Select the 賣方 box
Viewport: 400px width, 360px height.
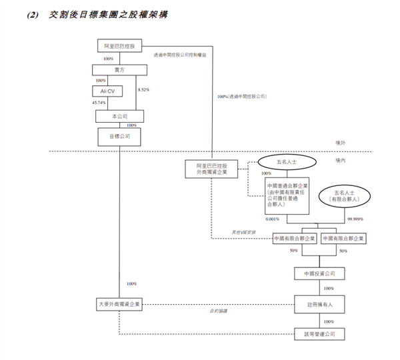[119, 69]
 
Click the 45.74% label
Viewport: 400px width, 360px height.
[99, 103]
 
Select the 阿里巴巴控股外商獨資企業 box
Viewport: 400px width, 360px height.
[211, 168]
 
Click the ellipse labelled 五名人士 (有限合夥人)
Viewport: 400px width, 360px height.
[345, 195]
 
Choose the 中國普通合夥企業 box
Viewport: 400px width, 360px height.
[287, 195]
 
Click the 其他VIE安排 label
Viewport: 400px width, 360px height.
[243, 232]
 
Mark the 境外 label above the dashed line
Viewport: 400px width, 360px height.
[341, 143]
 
